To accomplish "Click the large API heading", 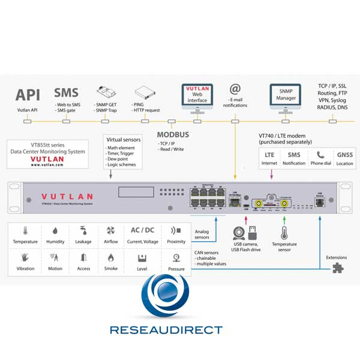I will tap(28, 94).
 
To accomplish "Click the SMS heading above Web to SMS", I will tap(66, 94).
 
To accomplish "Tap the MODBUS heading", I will tap(173, 134).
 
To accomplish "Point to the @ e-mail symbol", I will tap(235, 89).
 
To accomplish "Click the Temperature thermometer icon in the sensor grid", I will tap(26, 232).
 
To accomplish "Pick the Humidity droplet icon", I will tap(55, 232).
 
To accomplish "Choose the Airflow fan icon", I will tap(110, 232).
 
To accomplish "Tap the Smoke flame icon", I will tap(110, 258).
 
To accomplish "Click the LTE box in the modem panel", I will tap(270, 155).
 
